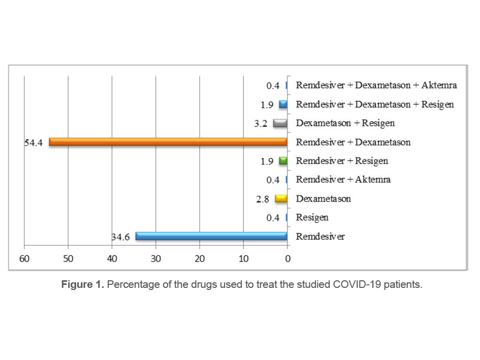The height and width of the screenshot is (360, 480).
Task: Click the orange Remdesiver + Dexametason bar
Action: click(x=168, y=142)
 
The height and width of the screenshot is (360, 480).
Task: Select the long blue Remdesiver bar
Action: click(x=211, y=236)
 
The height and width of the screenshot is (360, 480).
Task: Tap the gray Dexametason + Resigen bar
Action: click(x=280, y=123)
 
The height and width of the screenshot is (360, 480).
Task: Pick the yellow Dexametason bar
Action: click(x=281, y=199)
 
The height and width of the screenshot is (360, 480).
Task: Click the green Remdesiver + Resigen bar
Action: click(x=283, y=161)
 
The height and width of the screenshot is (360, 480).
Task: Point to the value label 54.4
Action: click(x=34, y=143)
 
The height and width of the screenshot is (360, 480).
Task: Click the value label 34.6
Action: click(x=121, y=237)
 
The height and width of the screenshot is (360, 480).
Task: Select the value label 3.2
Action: click(x=261, y=123)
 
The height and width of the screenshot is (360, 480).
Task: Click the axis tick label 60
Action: click(x=24, y=258)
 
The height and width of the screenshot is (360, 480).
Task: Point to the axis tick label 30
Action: click(x=156, y=258)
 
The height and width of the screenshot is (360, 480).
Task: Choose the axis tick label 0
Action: click(x=287, y=258)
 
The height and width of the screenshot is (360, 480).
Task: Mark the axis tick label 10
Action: click(x=244, y=258)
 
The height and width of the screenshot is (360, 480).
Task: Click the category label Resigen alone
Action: click(x=312, y=217)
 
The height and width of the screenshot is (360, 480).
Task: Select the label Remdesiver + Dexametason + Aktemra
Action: click(x=376, y=85)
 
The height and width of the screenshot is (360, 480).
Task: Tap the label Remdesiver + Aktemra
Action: click(x=343, y=180)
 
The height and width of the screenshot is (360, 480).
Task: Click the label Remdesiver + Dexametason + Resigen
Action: click(x=375, y=105)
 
